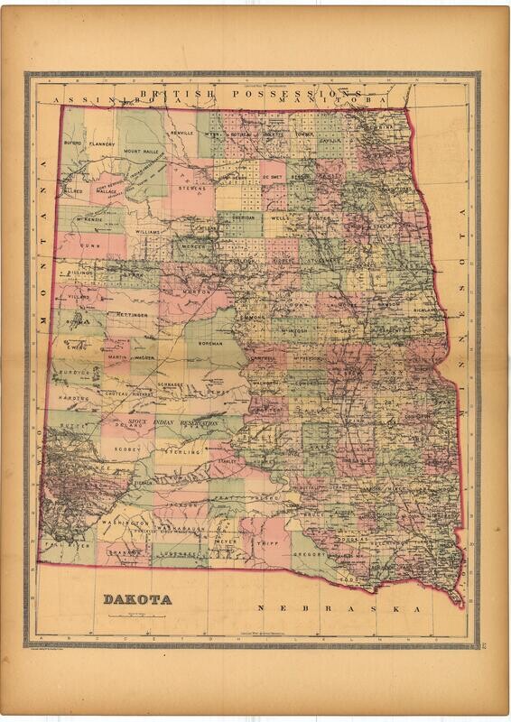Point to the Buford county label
[73, 143]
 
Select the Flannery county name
[102, 143]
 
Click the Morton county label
[197, 292]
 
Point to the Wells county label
[278, 218]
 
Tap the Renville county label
[181, 133]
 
